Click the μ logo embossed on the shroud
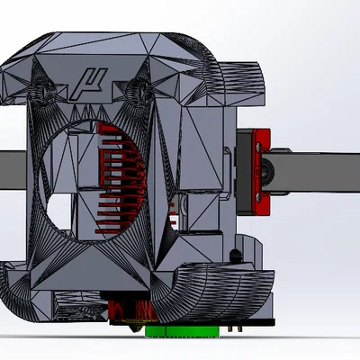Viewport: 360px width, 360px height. (89, 84)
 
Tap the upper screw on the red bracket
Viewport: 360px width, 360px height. (258, 148)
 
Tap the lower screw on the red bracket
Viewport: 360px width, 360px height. (258, 197)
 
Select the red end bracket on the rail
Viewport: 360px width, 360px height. (261, 172)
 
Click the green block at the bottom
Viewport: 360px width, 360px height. (182, 331)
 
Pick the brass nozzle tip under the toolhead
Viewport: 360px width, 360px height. (136, 328)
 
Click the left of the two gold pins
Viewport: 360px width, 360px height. (230, 328)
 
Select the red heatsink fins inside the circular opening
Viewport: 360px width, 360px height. (120, 177)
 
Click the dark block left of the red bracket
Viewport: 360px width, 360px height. (245, 172)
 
